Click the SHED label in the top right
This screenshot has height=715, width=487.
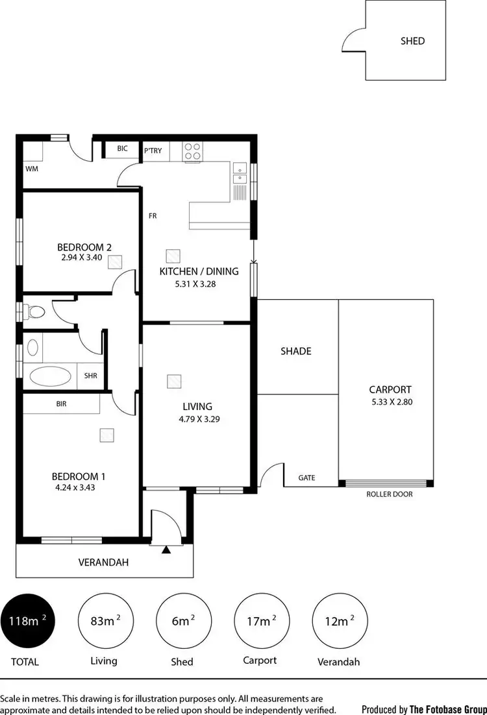click(412, 41)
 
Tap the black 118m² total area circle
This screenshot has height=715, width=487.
click(27, 621)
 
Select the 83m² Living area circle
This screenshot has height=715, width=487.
click(104, 621)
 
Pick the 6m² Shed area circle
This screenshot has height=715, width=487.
click(182, 621)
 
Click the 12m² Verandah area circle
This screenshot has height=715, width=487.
click(338, 621)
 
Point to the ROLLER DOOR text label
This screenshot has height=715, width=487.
click(390, 494)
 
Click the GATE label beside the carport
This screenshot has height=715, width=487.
click(306, 478)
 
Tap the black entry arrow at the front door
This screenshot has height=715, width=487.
click(166, 550)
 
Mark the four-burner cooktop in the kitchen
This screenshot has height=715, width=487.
click(193, 152)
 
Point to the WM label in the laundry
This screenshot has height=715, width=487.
click(32, 169)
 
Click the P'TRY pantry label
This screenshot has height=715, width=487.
click(153, 151)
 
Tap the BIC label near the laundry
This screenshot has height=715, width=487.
click(123, 149)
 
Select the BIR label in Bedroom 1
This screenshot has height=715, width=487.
click(62, 404)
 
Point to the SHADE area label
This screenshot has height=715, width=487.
click(295, 351)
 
